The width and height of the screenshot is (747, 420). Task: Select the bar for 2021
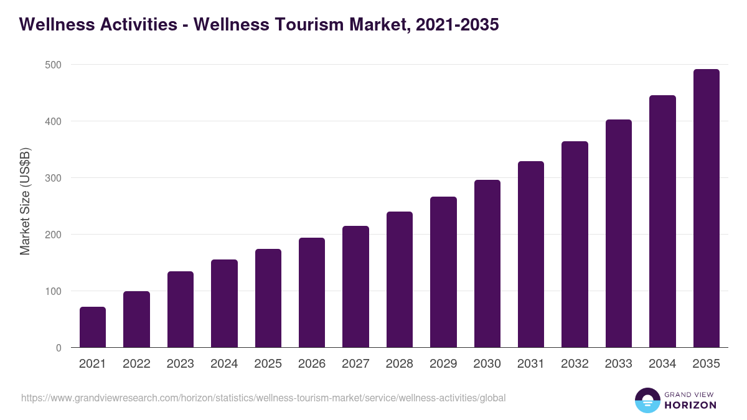[93, 327]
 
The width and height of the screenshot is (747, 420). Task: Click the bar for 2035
[706, 208]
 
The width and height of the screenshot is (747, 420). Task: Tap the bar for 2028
[400, 279]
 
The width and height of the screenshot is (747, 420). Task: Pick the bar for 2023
[181, 309]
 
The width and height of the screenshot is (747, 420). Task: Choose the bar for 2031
[531, 254]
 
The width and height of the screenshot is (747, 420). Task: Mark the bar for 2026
[312, 292]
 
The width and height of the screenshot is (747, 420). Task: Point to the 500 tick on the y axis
[54, 65]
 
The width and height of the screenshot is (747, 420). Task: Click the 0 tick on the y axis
[59, 348]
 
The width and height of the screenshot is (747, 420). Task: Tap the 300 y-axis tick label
[54, 178]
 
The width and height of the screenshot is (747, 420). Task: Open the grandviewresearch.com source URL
[263, 398]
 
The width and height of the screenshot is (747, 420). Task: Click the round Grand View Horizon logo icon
[647, 400]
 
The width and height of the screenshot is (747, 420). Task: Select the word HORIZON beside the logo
[690, 405]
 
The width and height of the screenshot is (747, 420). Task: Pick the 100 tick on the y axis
[54, 291]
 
